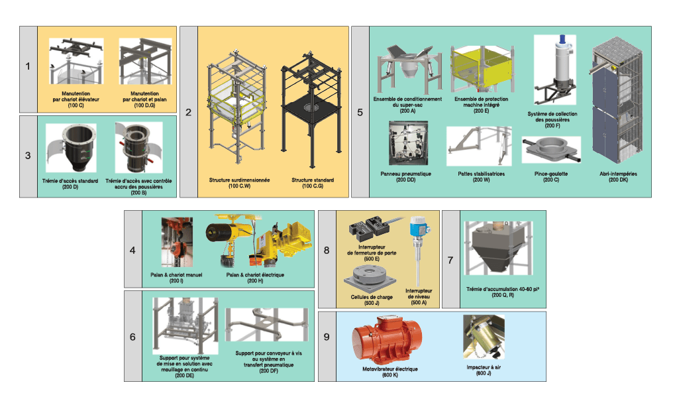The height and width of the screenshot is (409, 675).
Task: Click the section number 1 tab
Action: click(28, 66)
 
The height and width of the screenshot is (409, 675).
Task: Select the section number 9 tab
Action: click(327, 337)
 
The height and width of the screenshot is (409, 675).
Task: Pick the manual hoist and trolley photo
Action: click(176, 242)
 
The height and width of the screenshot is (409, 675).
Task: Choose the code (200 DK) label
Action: click(618, 180)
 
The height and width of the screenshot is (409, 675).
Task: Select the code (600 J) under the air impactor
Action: click(482, 375)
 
